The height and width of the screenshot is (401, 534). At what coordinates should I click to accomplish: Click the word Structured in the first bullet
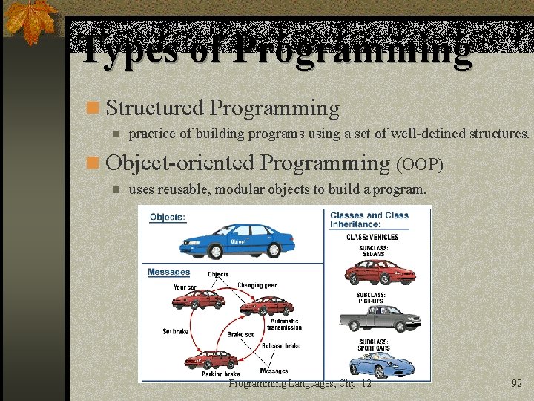154,108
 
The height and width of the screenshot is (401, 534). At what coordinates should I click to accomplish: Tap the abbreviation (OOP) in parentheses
421,164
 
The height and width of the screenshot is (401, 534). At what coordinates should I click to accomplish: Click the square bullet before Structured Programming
93,108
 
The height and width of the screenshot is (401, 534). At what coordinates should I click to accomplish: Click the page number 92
517,384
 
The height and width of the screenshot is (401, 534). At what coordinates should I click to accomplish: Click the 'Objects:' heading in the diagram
168,218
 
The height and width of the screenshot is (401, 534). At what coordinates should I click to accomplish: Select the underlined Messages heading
169,272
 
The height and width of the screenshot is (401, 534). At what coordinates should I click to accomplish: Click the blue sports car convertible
379,365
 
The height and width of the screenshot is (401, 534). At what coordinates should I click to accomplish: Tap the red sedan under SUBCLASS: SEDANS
379,272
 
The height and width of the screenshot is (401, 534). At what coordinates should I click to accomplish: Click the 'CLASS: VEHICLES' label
372,237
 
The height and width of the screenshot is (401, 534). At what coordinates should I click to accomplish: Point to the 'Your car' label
185,287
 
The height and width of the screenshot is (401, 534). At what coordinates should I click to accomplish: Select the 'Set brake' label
176,331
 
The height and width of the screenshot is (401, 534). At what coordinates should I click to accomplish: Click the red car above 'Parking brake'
213,360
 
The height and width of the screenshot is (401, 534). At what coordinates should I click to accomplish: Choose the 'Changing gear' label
257,285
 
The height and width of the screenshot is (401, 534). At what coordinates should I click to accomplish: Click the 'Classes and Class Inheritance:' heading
369,220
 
